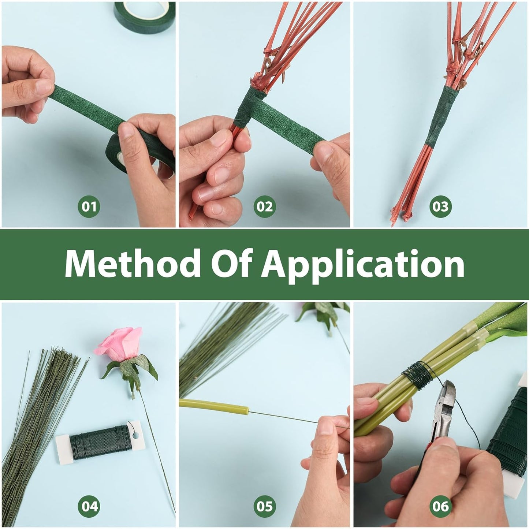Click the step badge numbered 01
89,206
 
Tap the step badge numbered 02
264,206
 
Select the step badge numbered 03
440,206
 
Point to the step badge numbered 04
89,506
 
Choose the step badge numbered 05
264,506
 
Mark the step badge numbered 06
440,506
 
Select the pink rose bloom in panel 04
118,342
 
